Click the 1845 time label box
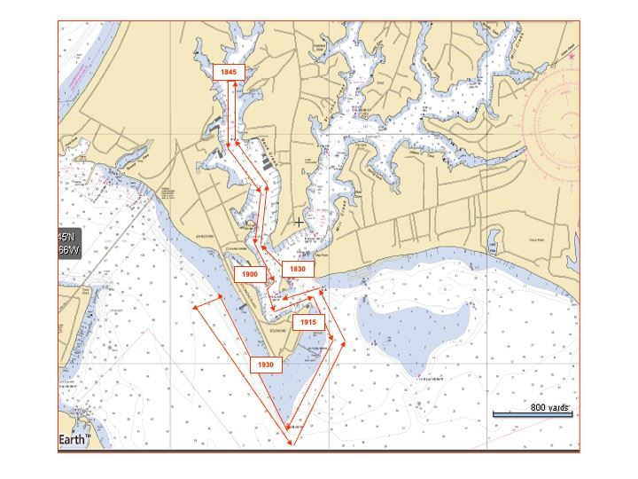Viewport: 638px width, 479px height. point(229,71)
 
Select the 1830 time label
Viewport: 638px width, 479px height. point(297,269)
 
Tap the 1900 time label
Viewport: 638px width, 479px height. point(250,275)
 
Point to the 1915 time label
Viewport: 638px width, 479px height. point(307,322)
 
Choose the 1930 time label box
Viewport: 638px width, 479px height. point(265,365)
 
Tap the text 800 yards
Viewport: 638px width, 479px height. point(549,407)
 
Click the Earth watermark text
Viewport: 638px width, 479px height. point(73,440)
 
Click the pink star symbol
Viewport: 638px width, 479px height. point(572,57)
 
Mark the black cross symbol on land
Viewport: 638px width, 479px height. point(299,221)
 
